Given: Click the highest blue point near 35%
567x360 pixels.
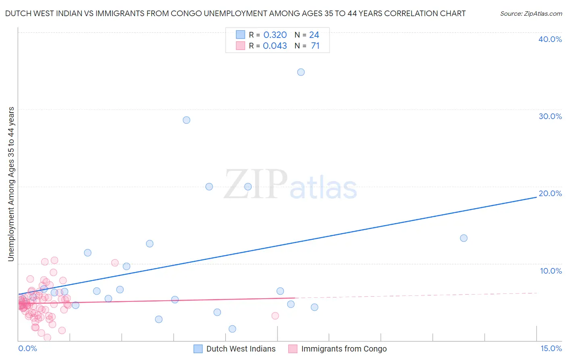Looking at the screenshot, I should click(x=301, y=72).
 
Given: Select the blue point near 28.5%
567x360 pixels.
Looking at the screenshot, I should click(x=186, y=120).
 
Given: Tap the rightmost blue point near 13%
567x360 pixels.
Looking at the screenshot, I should click(x=464, y=238).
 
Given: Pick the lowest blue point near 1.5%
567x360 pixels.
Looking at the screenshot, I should click(x=232, y=329).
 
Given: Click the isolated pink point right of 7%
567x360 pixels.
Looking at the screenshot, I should click(x=275, y=316).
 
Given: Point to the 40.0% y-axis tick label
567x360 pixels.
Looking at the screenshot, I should click(x=550, y=39).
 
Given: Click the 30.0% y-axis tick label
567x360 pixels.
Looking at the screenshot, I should click(x=550, y=116).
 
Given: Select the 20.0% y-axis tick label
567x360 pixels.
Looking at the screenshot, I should click(x=550, y=193).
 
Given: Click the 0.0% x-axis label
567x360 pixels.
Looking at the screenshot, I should click(x=27, y=348).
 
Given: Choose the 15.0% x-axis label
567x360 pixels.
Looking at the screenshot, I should click(x=551, y=348).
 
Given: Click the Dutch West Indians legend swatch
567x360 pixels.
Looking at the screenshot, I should click(x=198, y=349).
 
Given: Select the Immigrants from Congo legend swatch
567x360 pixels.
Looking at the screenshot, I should click(x=293, y=349).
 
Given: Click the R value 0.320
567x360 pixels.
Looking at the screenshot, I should click(x=275, y=35).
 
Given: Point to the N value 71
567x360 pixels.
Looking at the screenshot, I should click(x=315, y=46).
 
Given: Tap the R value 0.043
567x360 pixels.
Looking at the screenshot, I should click(x=275, y=46).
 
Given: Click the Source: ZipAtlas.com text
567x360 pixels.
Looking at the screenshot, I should click(x=531, y=14).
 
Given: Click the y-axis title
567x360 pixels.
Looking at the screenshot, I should click(x=11, y=184).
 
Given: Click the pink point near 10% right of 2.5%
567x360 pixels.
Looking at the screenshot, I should click(x=115, y=263).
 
